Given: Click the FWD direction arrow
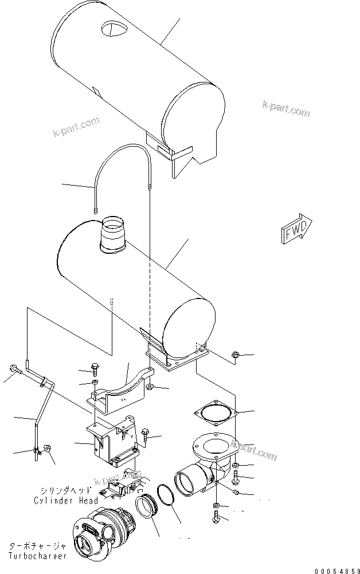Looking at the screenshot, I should tap(296, 228).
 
